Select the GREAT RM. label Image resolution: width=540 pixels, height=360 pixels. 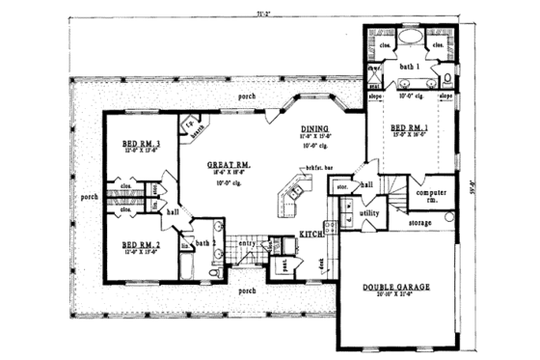pos(229,165)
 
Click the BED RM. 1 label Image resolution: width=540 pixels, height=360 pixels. pos(408,128)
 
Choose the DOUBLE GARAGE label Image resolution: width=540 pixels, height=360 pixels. pos(396,287)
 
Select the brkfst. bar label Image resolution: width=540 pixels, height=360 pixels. pos(311,168)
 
